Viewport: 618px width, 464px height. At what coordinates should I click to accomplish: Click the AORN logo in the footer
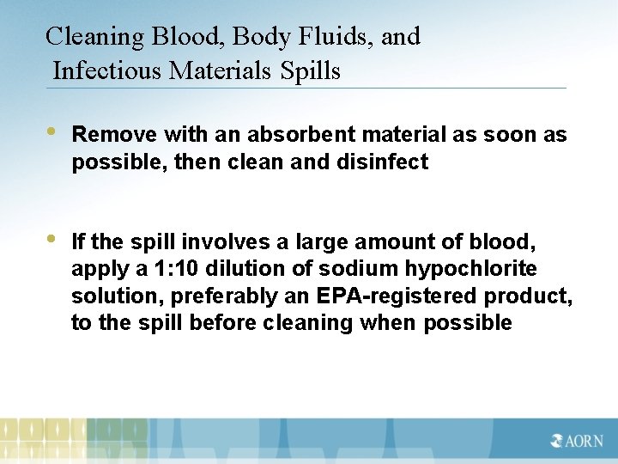pos(577,441)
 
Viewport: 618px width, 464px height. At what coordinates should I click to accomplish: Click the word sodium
pos(349,270)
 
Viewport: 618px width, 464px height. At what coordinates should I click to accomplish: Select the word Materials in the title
pos(223,70)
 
